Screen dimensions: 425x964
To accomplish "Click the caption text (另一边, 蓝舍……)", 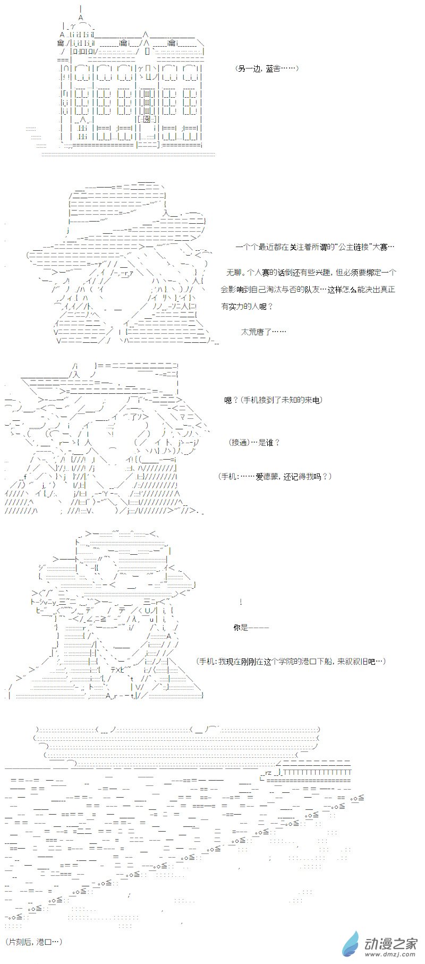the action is pos(267,69).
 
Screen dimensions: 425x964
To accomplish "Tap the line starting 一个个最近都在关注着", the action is pos(316,248).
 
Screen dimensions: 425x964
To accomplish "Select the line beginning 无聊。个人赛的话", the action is pos(311,273).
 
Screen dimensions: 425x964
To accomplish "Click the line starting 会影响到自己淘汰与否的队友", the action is pos(308,290).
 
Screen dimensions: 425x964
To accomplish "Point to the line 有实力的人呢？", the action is pos(247,307).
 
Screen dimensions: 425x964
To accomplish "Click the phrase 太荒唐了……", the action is pos(263,332).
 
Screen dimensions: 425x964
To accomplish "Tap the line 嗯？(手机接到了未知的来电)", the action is pos(274,400).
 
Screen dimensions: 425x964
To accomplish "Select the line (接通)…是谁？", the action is pos(254,443).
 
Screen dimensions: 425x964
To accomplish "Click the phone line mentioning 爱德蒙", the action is pos(275,477).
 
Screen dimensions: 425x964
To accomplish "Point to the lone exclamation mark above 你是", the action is pos(241,602).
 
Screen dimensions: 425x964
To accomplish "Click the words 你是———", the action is pos(251,628).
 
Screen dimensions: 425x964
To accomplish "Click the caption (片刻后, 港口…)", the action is pos(34,942).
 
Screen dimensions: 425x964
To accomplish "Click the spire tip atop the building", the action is pos(80,10).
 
